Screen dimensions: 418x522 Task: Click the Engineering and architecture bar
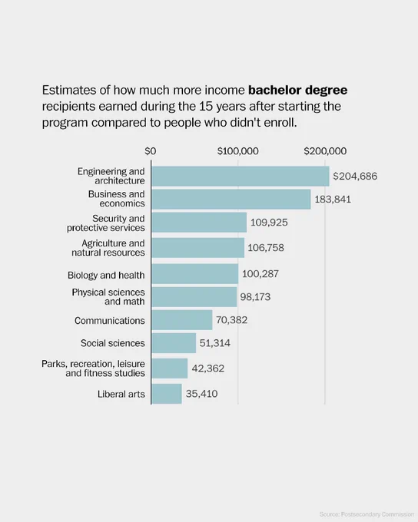coord(241,176)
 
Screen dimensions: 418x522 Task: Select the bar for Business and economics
coord(231,199)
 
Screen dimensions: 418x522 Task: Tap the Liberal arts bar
coord(167,394)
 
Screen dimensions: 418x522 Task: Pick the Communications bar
coord(182,320)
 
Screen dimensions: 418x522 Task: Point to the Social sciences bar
coord(174,343)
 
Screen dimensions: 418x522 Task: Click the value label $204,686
coord(355,176)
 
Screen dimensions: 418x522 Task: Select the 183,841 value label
coord(333,200)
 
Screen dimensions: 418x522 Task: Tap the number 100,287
coord(260,274)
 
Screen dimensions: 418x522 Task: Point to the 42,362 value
coord(208,368)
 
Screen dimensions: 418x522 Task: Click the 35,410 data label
coord(201,394)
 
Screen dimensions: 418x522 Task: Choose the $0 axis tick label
coord(151,151)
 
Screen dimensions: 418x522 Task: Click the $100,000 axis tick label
coord(238,151)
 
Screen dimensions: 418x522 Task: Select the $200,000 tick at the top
coord(325,151)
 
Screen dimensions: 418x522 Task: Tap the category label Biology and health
coord(106,276)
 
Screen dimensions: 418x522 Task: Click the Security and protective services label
coord(106,223)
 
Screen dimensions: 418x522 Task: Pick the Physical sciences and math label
coord(108,296)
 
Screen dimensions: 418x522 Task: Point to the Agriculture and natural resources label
coord(108,248)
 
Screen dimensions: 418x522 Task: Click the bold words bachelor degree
coord(297,91)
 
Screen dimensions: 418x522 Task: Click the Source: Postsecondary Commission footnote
coord(367,514)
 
